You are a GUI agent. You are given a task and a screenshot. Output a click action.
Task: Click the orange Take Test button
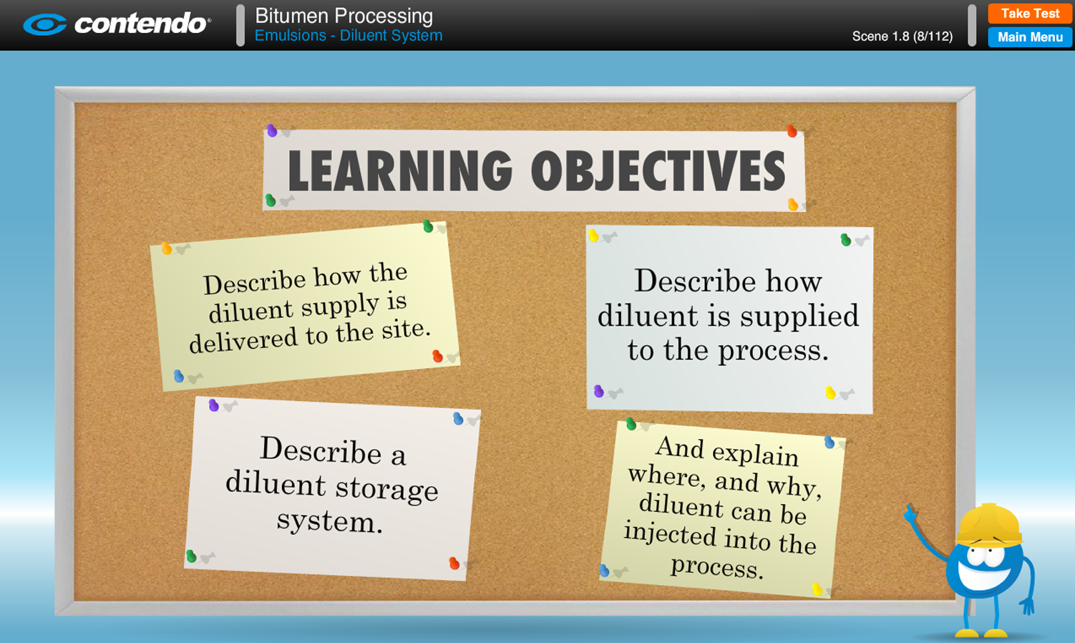(1029, 13)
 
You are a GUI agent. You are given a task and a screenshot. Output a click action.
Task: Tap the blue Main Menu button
(1030, 37)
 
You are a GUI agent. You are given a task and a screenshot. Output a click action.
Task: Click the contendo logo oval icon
(44, 24)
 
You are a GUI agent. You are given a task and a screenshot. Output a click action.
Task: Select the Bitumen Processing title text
(344, 16)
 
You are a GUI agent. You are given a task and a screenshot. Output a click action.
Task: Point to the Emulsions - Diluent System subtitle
(349, 36)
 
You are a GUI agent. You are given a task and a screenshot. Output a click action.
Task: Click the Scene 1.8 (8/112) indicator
(903, 37)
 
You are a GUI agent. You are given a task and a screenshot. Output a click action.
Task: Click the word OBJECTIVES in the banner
(658, 170)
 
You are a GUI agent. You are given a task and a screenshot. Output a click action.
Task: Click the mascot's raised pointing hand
(910, 514)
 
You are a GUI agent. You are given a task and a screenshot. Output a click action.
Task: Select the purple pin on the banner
(272, 130)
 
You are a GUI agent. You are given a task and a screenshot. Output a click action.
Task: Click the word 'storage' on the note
(386, 489)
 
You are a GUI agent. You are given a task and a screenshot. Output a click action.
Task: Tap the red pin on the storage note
(454, 563)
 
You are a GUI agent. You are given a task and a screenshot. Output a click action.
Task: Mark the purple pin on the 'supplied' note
(598, 391)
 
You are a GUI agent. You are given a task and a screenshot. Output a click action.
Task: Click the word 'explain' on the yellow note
(755, 454)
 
